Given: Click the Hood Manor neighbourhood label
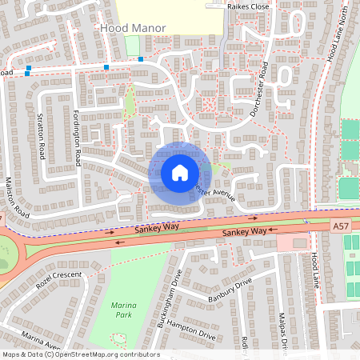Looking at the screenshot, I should click(x=133, y=28).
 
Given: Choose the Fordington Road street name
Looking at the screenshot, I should click(x=78, y=137).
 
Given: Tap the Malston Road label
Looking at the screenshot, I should click(x=18, y=197).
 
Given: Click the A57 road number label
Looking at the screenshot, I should click(x=340, y=227).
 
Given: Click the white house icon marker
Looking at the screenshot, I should click(x=179, y=172).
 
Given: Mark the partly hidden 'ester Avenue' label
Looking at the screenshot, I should click(x=215, y=194).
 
